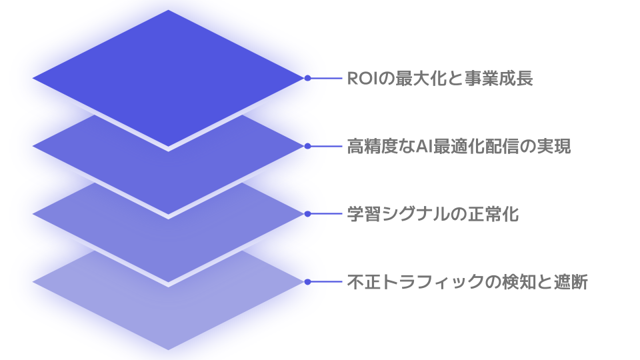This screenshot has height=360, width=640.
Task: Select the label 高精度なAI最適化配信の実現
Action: pos(459,147)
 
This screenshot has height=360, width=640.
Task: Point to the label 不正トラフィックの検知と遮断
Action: pos(467,282)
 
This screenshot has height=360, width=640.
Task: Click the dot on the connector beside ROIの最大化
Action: pos(307,78)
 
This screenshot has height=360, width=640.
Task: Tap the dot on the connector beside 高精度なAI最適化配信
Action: pos(307,146)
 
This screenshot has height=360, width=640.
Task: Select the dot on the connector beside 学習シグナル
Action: pos(307,214)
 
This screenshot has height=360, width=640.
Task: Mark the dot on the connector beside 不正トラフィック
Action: pos(307,281)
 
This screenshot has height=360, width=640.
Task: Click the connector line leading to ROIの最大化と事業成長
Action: pos(325,78)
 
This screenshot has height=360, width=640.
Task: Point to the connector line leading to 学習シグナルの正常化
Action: pos(325,214)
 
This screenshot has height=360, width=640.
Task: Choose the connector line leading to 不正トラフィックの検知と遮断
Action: pos(325,281)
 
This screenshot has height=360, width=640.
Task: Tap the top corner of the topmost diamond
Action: pos(169,11)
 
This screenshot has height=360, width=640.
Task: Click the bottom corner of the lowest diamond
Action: pos(169,348)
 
